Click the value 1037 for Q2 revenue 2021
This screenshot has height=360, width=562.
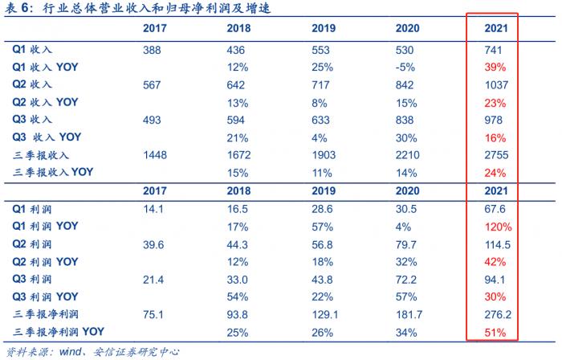pos(496,85)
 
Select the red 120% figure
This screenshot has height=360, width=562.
pos(499,227)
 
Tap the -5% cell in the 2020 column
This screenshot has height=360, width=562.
pos(405,67)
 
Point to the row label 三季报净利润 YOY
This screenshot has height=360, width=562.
pos(59,332)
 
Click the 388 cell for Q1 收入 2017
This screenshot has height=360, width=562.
pos(152,50)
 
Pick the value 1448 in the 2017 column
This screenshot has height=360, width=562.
pos(155,155)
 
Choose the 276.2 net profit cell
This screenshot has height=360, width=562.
pos(498,314)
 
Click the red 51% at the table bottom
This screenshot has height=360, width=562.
pos(495,333)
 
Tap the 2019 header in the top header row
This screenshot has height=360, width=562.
pos(324,28)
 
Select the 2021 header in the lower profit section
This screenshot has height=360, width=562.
pos(496,190)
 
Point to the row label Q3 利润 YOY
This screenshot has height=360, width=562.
pos(45,297)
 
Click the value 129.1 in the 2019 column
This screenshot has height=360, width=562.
pos(325,314)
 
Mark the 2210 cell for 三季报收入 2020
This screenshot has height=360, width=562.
pos(408,155)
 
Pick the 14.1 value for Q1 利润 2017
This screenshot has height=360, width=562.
pos(153,209)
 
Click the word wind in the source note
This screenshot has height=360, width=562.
pos(71,352)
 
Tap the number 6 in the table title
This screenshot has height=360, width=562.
pos(25,7)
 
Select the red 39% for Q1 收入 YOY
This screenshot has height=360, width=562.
pos(495,67)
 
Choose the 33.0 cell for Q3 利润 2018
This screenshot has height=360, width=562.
pos(238,280)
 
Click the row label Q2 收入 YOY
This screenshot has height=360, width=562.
pos(45,103)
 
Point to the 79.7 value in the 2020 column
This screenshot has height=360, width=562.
pos(406,245)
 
